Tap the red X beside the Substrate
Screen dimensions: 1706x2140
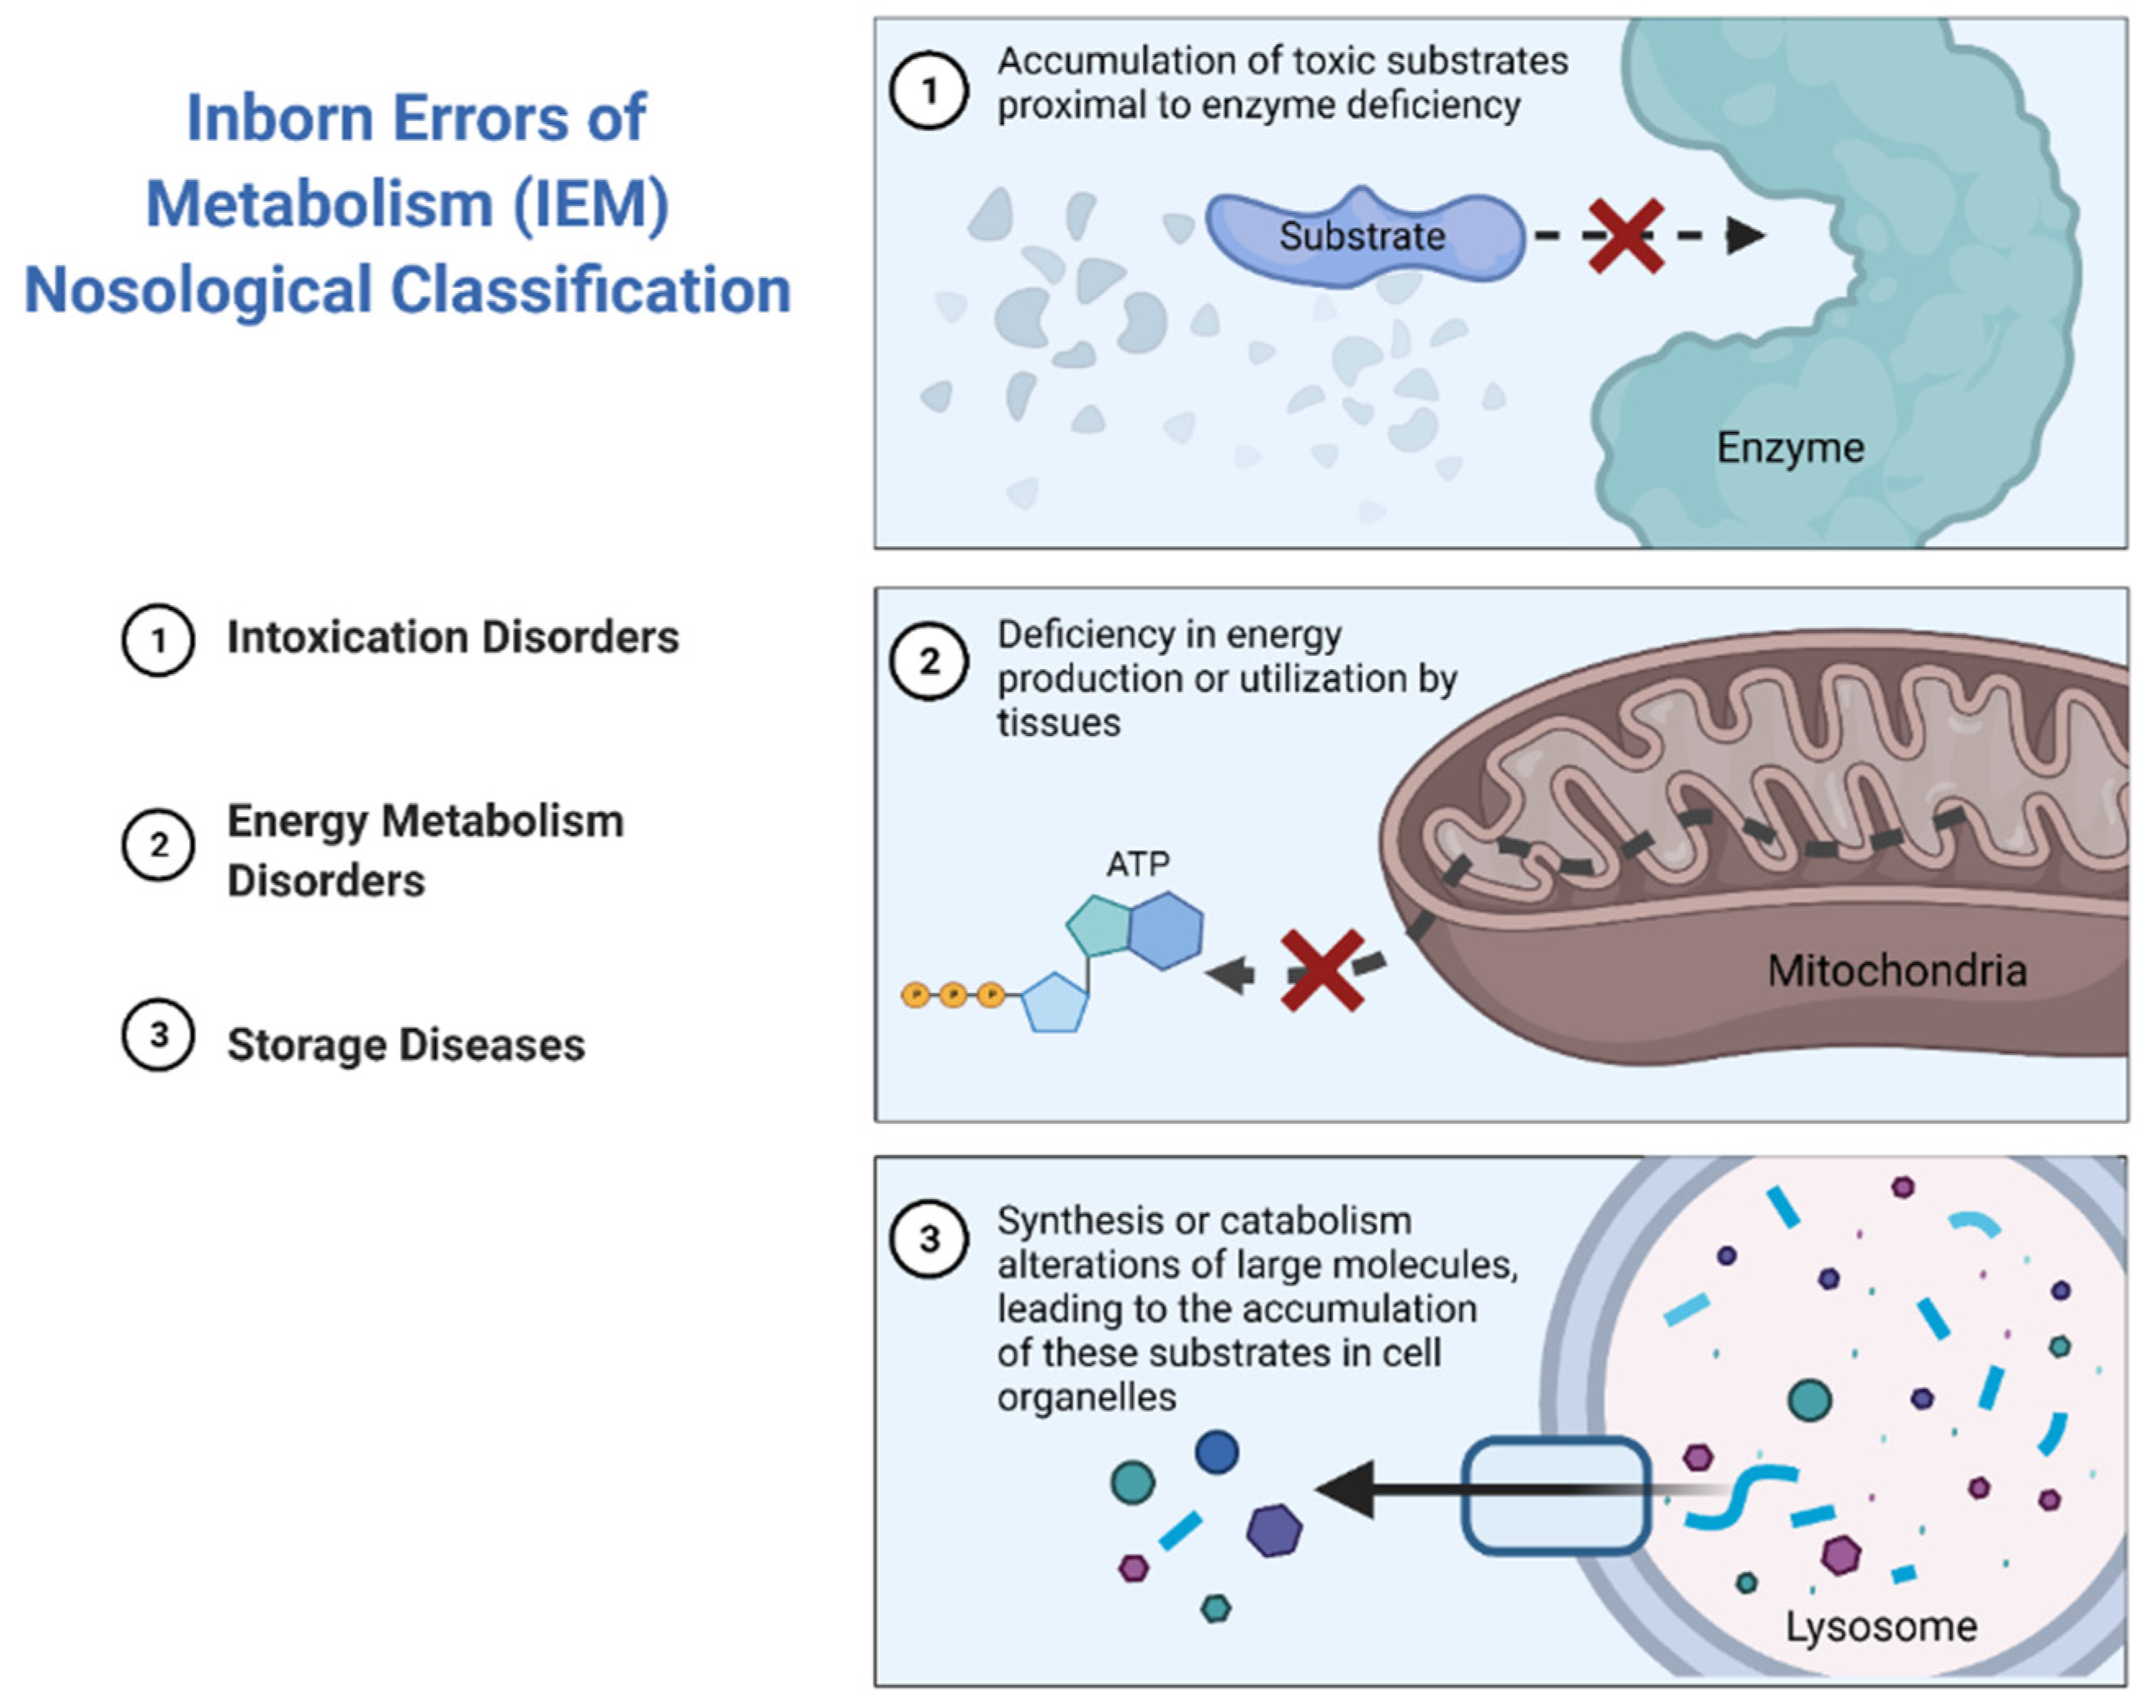coord(1625,236)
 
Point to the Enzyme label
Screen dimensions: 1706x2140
coord(1790,447)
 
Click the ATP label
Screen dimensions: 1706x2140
coord(1138,864)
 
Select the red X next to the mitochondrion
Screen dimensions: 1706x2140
coord(1322,971)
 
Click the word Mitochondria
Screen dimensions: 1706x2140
coord(1896,971)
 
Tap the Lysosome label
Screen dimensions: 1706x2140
coord(1880,1627)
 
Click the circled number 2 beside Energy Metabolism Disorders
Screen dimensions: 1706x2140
coord(158,846)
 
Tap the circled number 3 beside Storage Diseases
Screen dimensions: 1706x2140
coord(158,1035)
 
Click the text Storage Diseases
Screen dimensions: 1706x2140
coord(406,1045)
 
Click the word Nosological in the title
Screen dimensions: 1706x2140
coord(197,290)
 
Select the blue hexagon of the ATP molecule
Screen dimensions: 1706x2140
coord(1165,930)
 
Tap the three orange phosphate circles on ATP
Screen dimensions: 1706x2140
coord(952,994)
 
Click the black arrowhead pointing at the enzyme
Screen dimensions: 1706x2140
coord(1745,236)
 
